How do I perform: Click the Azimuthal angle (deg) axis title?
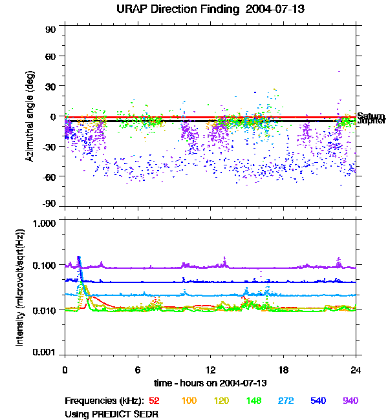29,116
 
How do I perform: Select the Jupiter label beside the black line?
371,121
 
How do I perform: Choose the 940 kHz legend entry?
350,401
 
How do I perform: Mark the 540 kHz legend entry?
318,401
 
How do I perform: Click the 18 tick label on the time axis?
283,370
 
